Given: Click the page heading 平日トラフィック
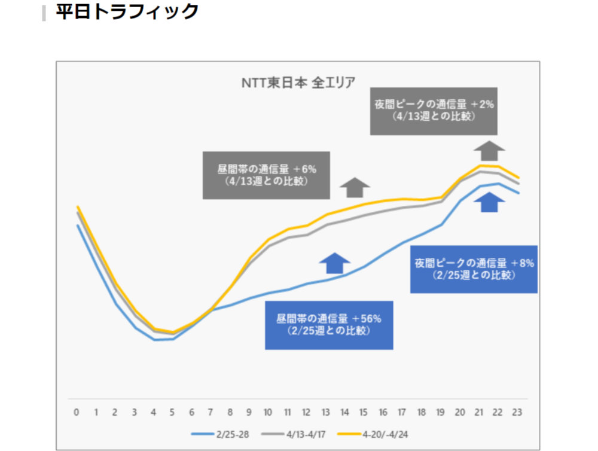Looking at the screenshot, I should coord(127,12).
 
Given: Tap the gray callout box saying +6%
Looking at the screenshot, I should coord(266,175).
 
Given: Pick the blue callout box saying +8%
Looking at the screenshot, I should coord(474,269).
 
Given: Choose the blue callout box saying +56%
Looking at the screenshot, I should coord(329,325).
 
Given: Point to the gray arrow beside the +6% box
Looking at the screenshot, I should coord(355,187).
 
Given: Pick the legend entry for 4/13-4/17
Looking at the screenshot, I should coord(300,434).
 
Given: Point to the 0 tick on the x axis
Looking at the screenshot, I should coord(77,412).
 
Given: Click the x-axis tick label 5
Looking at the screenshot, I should coord(173,412).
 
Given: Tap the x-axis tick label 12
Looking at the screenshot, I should coord(307,412).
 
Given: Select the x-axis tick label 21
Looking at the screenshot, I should coord(479,412).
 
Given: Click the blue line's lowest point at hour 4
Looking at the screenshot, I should coord(154,340).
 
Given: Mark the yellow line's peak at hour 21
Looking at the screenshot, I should coord(480,165).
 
